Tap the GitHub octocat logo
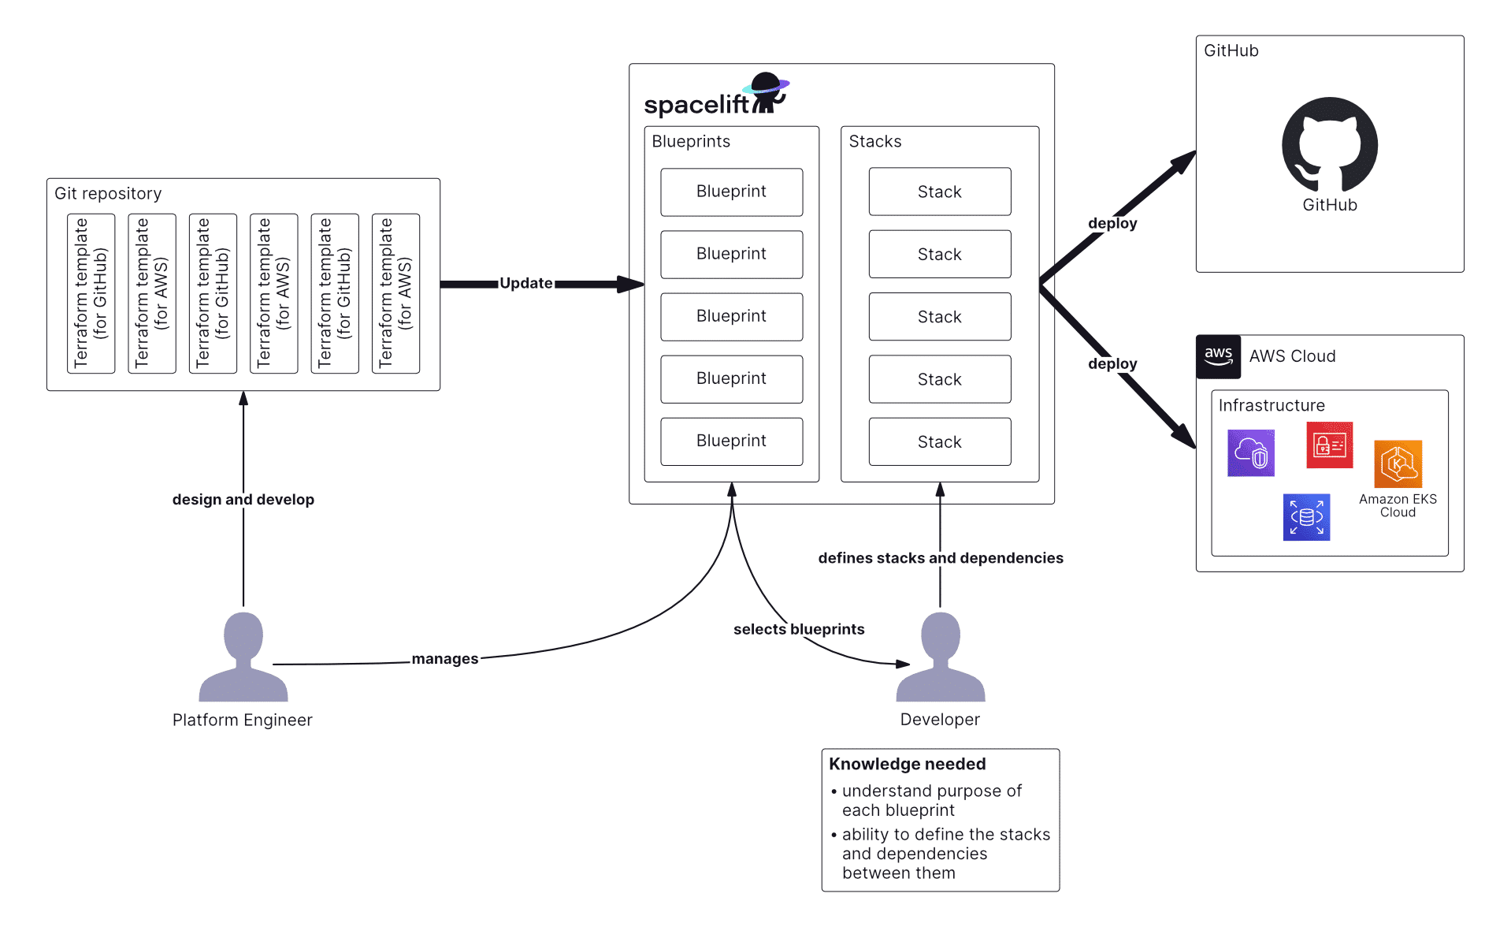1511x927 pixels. pyautogui.click(x=1329, y=145)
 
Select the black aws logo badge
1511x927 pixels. pyautogui.click(x=1218, y=356)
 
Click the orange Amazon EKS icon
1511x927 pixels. pyautogui.click(x=1398, y=464)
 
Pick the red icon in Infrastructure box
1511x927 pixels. pyautogui.click(x=1329, y=445)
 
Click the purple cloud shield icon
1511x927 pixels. pyautogui.click(x=1250, y=453)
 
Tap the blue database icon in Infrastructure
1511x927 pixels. pyautogui.click(x=1306, y=517)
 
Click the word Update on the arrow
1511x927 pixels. pyautogui.click(x=525, y=284)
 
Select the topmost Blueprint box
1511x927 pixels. pyautogui.click(x=731, y=192)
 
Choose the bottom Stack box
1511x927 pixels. pyautogui.click(x=939, y=442)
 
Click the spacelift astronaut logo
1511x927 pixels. pyautogui.click(x=767, y=93)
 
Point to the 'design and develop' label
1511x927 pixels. pyautogui.click(x=243, y=500)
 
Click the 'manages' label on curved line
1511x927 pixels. pyautogui.click(x=444, y=659)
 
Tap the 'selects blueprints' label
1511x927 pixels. pyautogui.click(x=798, y=629)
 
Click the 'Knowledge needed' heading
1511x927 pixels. pyautogui.click(x=907, y=764)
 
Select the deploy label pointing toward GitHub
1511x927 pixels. pyautogui.click(x=1112, y=223)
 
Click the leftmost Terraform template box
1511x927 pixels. pyautogui.click(x=91, y=293)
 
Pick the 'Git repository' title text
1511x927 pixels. pyautogui.click(x=108, y=194)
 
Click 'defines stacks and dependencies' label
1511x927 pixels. pyautogui.click(x=940, y=558)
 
